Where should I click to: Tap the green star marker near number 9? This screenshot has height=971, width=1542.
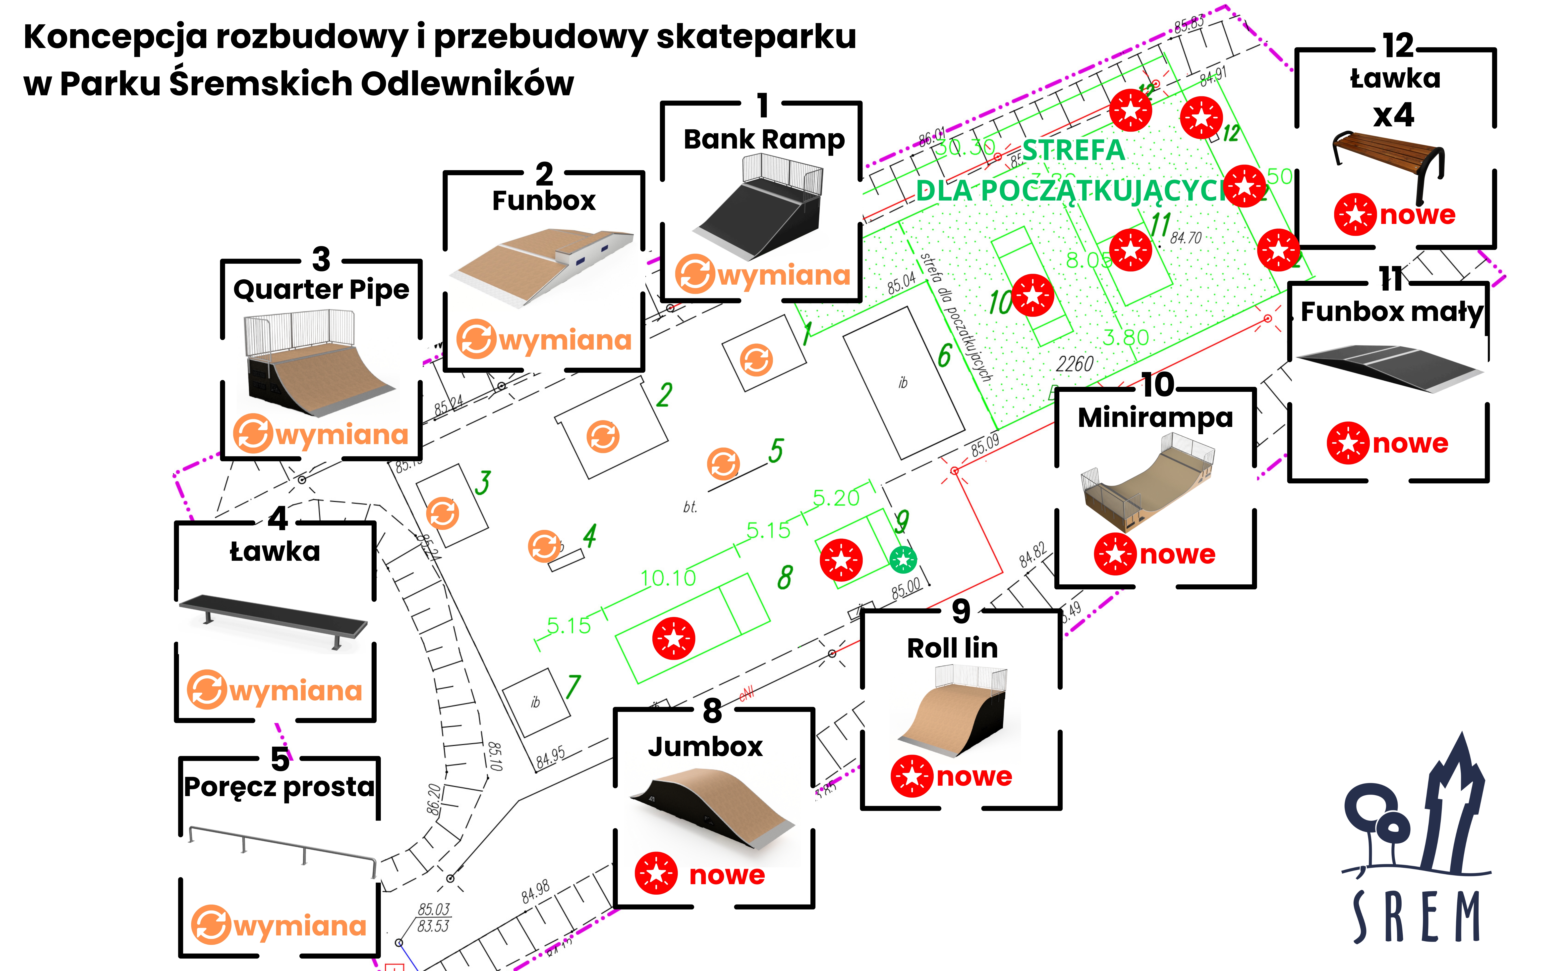(x=903, y=560)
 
